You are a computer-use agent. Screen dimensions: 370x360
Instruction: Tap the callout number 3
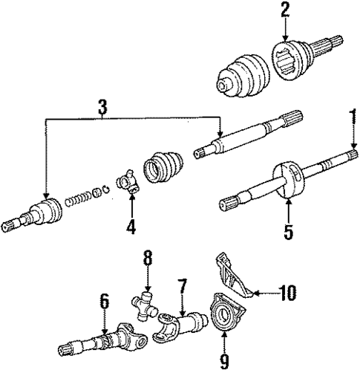(102, 107)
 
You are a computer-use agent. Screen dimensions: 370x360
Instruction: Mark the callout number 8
(147, 260)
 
